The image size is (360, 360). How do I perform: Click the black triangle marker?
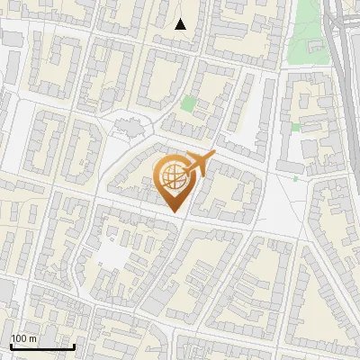coord(181,24)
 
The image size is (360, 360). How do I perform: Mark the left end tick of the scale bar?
coord(11,346)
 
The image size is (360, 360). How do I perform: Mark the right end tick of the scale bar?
coord(74,346)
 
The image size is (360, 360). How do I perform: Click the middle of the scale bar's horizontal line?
coord(42,346)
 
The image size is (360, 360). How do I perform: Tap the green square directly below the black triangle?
coord(187,103)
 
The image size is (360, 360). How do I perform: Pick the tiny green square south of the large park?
coord(295,128)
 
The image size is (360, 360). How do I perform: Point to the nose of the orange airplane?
coord(214,157)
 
